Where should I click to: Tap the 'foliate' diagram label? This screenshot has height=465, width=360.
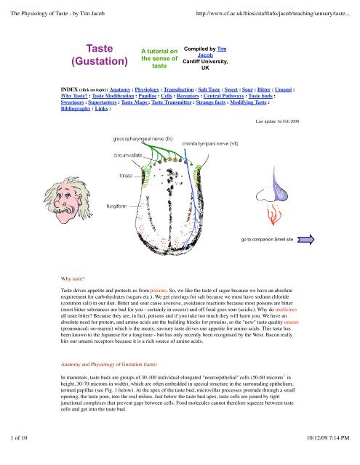(x=120, y=175)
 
